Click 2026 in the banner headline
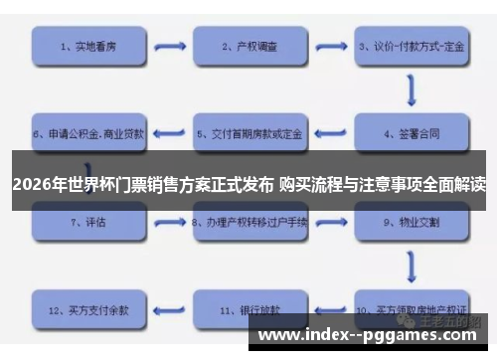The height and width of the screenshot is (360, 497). click(31, 184)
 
